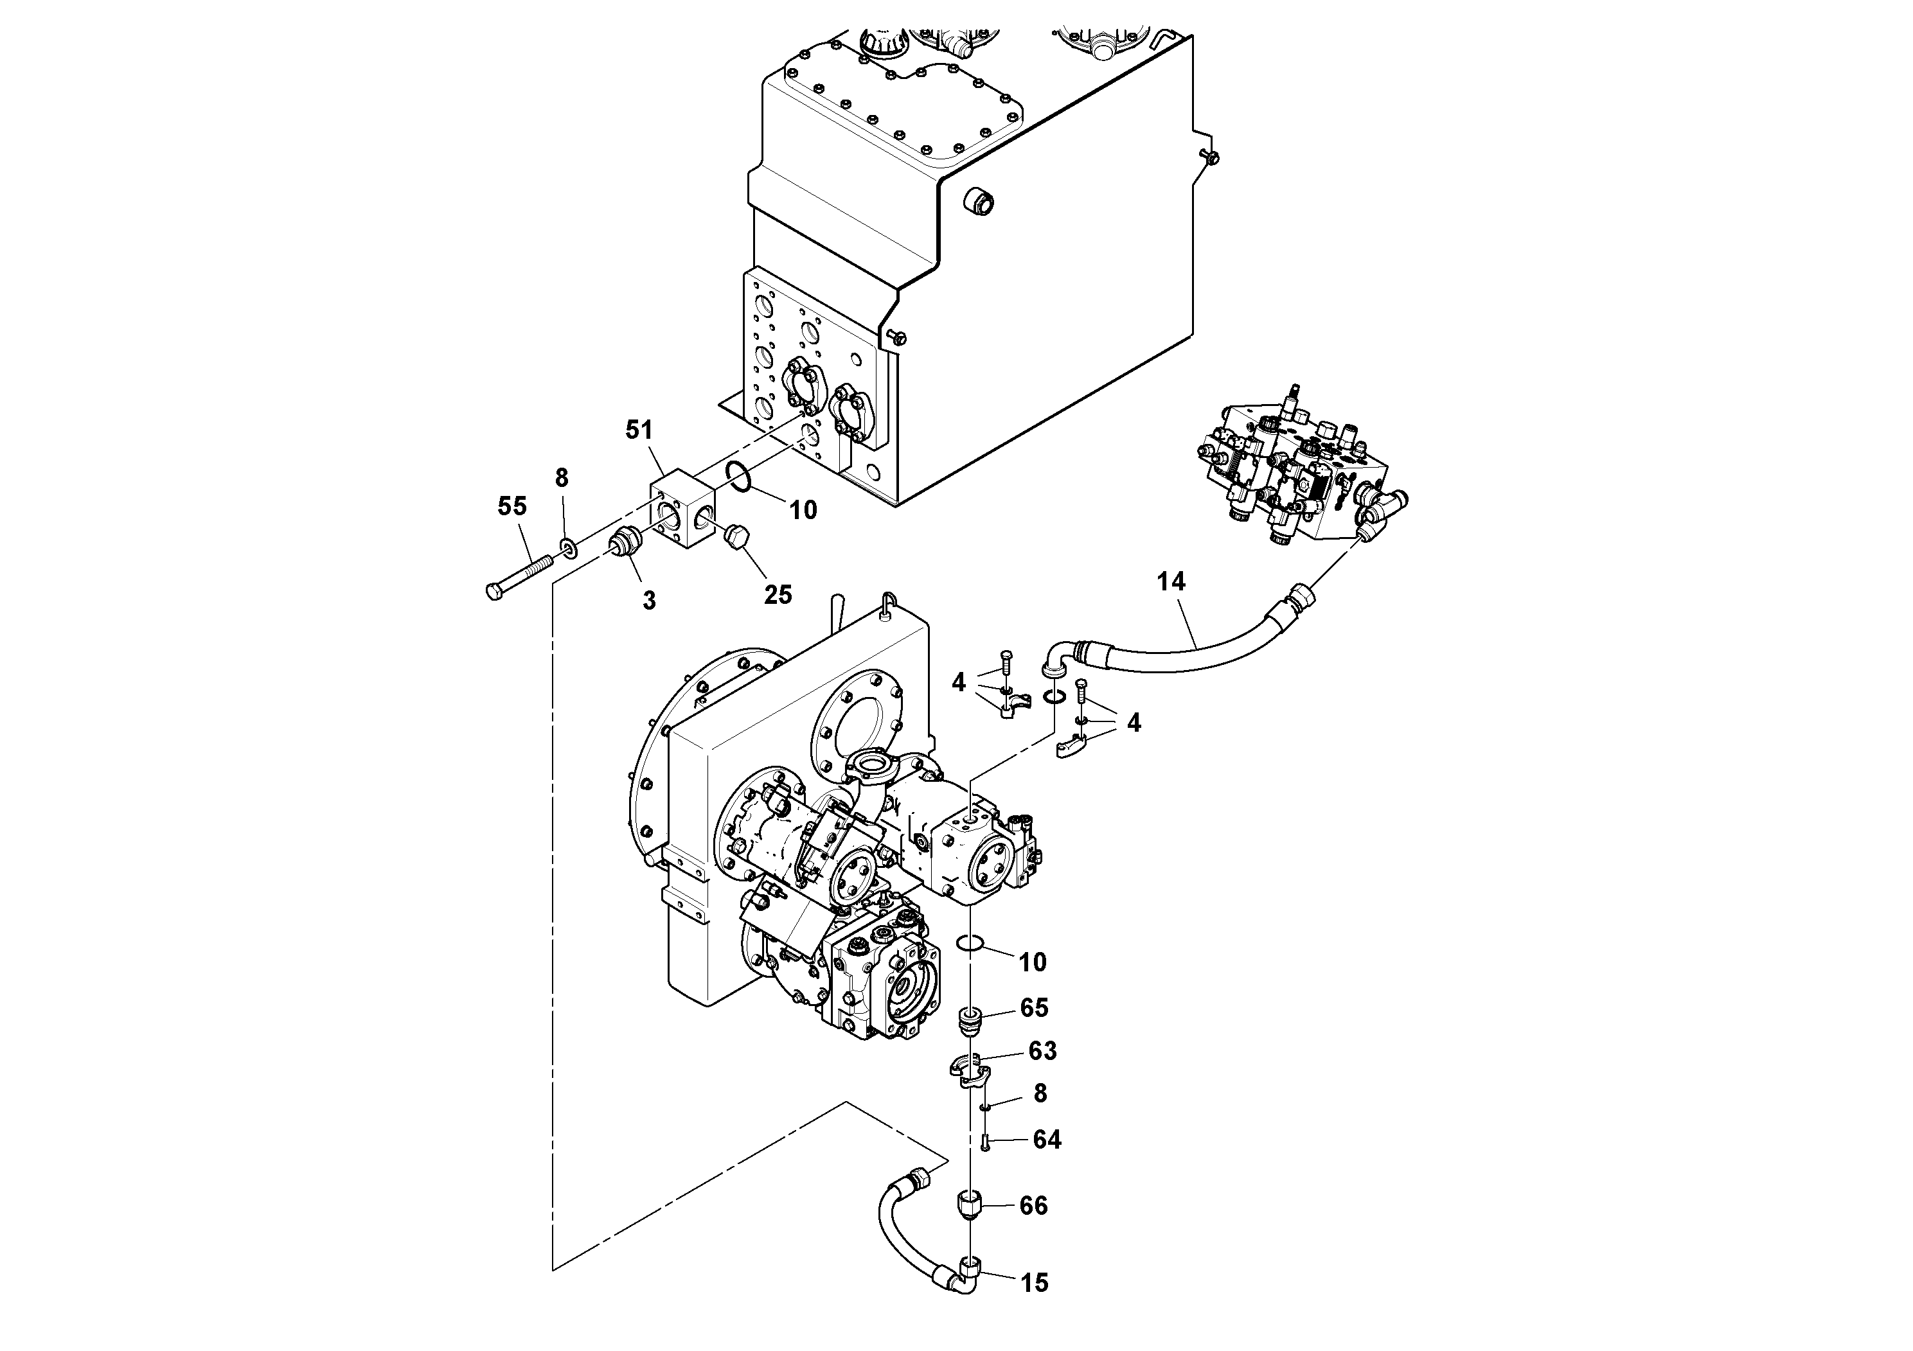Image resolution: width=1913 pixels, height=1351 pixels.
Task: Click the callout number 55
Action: (512, 506)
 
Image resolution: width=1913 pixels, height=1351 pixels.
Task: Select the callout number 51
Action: (639, 430)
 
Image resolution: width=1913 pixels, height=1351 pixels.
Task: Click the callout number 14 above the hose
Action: (1171, 581)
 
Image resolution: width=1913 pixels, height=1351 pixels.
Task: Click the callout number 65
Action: (1033, 1008)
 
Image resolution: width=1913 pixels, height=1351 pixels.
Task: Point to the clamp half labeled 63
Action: (969, 1070)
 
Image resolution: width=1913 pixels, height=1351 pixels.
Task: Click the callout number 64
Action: (1047, 1140)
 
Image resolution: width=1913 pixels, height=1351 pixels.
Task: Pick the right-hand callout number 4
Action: (1133, 723)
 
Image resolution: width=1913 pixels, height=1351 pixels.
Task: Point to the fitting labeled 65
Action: (969, 1020)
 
